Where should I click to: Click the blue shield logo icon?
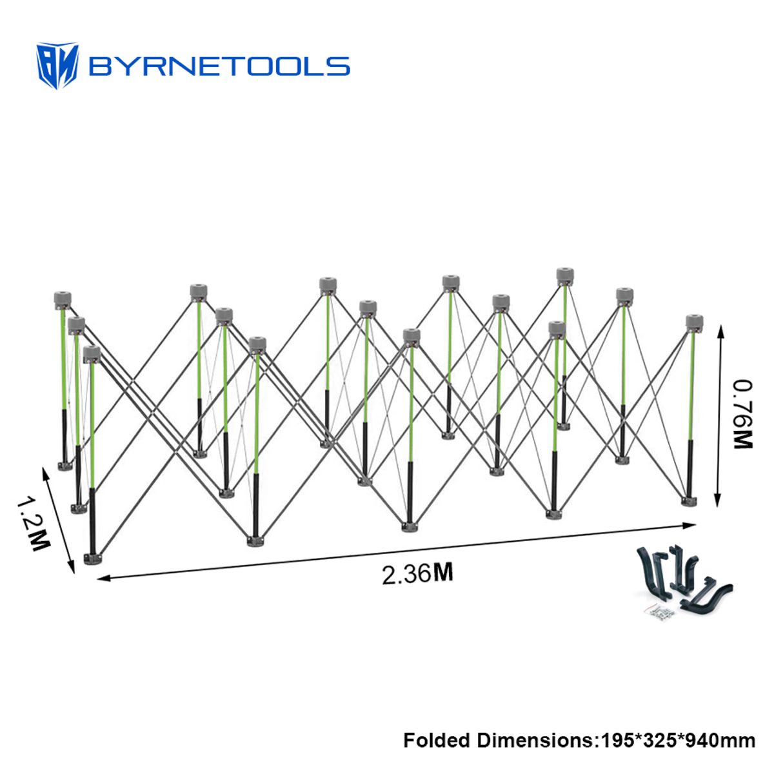(x=57, y=65)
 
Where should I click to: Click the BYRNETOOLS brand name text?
(x=219, y=66)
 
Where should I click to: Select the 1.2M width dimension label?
(x=34, y=524)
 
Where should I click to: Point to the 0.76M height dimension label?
(x=742, y=413)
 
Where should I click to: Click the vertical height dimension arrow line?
(x=719, y=416)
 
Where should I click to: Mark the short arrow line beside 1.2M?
(x=58, y=520)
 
